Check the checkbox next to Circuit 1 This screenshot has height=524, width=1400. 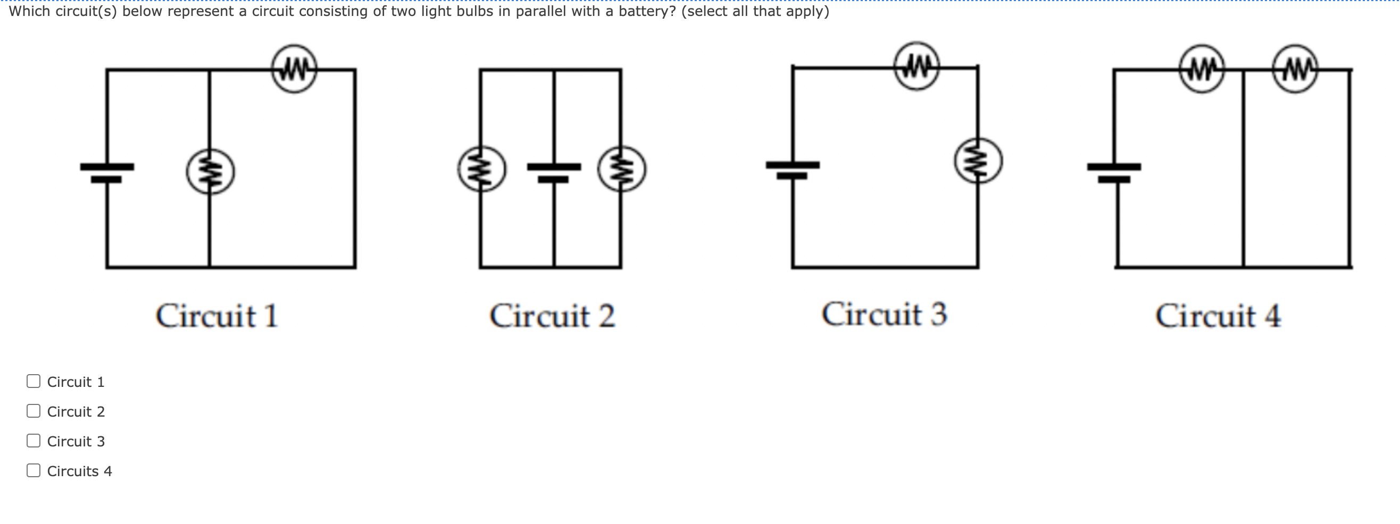click(33, 381)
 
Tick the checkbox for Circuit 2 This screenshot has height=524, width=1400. click(33, 411)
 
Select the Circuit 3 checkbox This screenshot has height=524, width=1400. click(33, 441)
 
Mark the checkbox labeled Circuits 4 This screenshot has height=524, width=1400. click(33, 470)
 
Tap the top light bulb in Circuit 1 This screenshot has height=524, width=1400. click(294, 69)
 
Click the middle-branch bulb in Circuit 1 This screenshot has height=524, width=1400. click(210, 172)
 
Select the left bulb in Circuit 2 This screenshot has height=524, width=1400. click(481, 169)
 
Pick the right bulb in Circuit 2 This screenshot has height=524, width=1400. click(622, 169)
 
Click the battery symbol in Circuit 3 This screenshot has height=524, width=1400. click(793, 170)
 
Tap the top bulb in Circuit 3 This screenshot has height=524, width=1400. click(917, 66)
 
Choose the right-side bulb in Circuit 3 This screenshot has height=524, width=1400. click(978, 160)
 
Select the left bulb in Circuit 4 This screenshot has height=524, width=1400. click(1202, 69)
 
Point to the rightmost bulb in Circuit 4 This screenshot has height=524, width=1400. click(1295, 69)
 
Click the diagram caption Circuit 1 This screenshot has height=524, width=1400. click(217, 316)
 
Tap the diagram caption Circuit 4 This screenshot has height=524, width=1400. click(1218, 316)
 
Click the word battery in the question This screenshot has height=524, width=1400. click(647, 11)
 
